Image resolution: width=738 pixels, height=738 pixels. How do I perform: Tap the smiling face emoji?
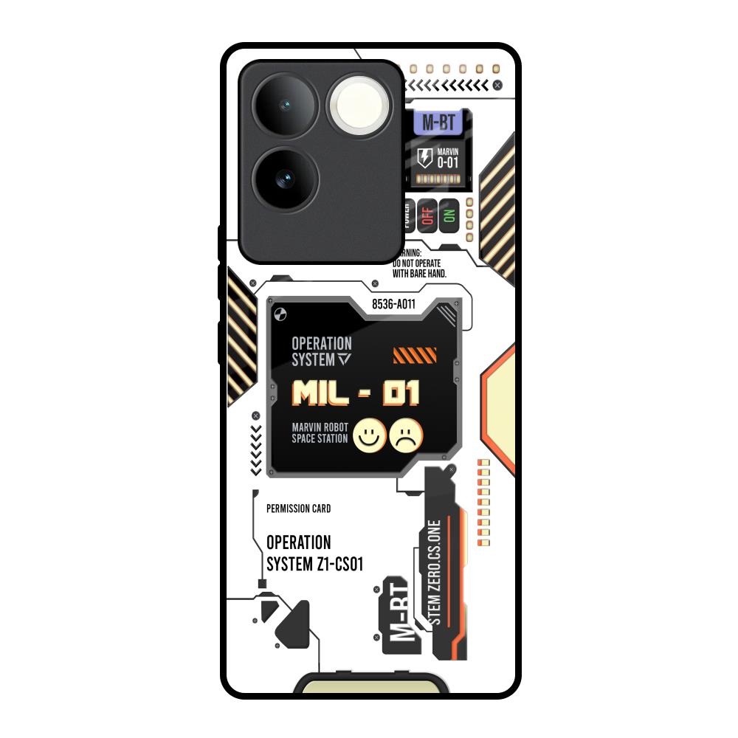[x=370, y=435]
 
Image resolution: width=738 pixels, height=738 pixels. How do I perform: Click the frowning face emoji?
[x=407, y=435]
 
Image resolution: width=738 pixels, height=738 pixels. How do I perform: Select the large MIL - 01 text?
[x=356, y=393]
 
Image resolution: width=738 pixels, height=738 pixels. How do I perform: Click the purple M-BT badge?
[x=439, y=123]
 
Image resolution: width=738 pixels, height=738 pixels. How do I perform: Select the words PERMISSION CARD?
[x=298, y=508]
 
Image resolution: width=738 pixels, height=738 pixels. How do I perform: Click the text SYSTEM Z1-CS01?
[x=314, y=564]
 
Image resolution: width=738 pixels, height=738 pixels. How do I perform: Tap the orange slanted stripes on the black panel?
[x=410, y=357]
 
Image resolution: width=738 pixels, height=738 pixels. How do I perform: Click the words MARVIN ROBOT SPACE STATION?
[x=320, y=433]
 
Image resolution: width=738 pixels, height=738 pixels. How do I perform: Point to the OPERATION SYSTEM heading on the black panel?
[x=323, y=351]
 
